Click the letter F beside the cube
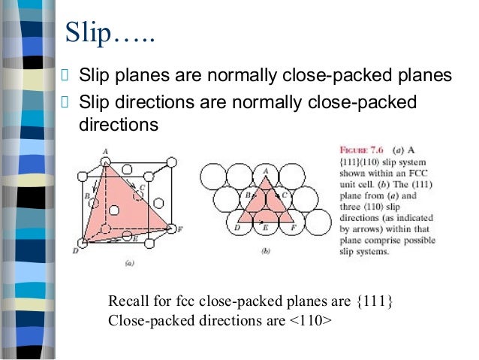(x=179, y=228)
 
